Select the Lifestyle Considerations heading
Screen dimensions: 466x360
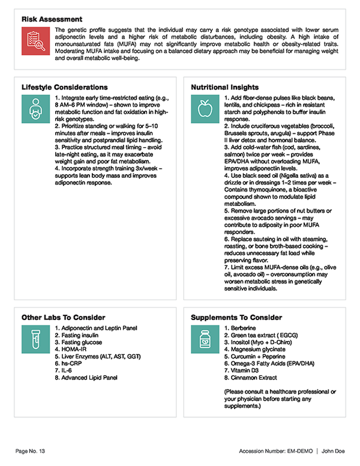[x=65, y=87]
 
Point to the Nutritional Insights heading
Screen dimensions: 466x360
[x=225, y=87]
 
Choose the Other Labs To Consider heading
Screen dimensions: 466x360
[x=64, y=317]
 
